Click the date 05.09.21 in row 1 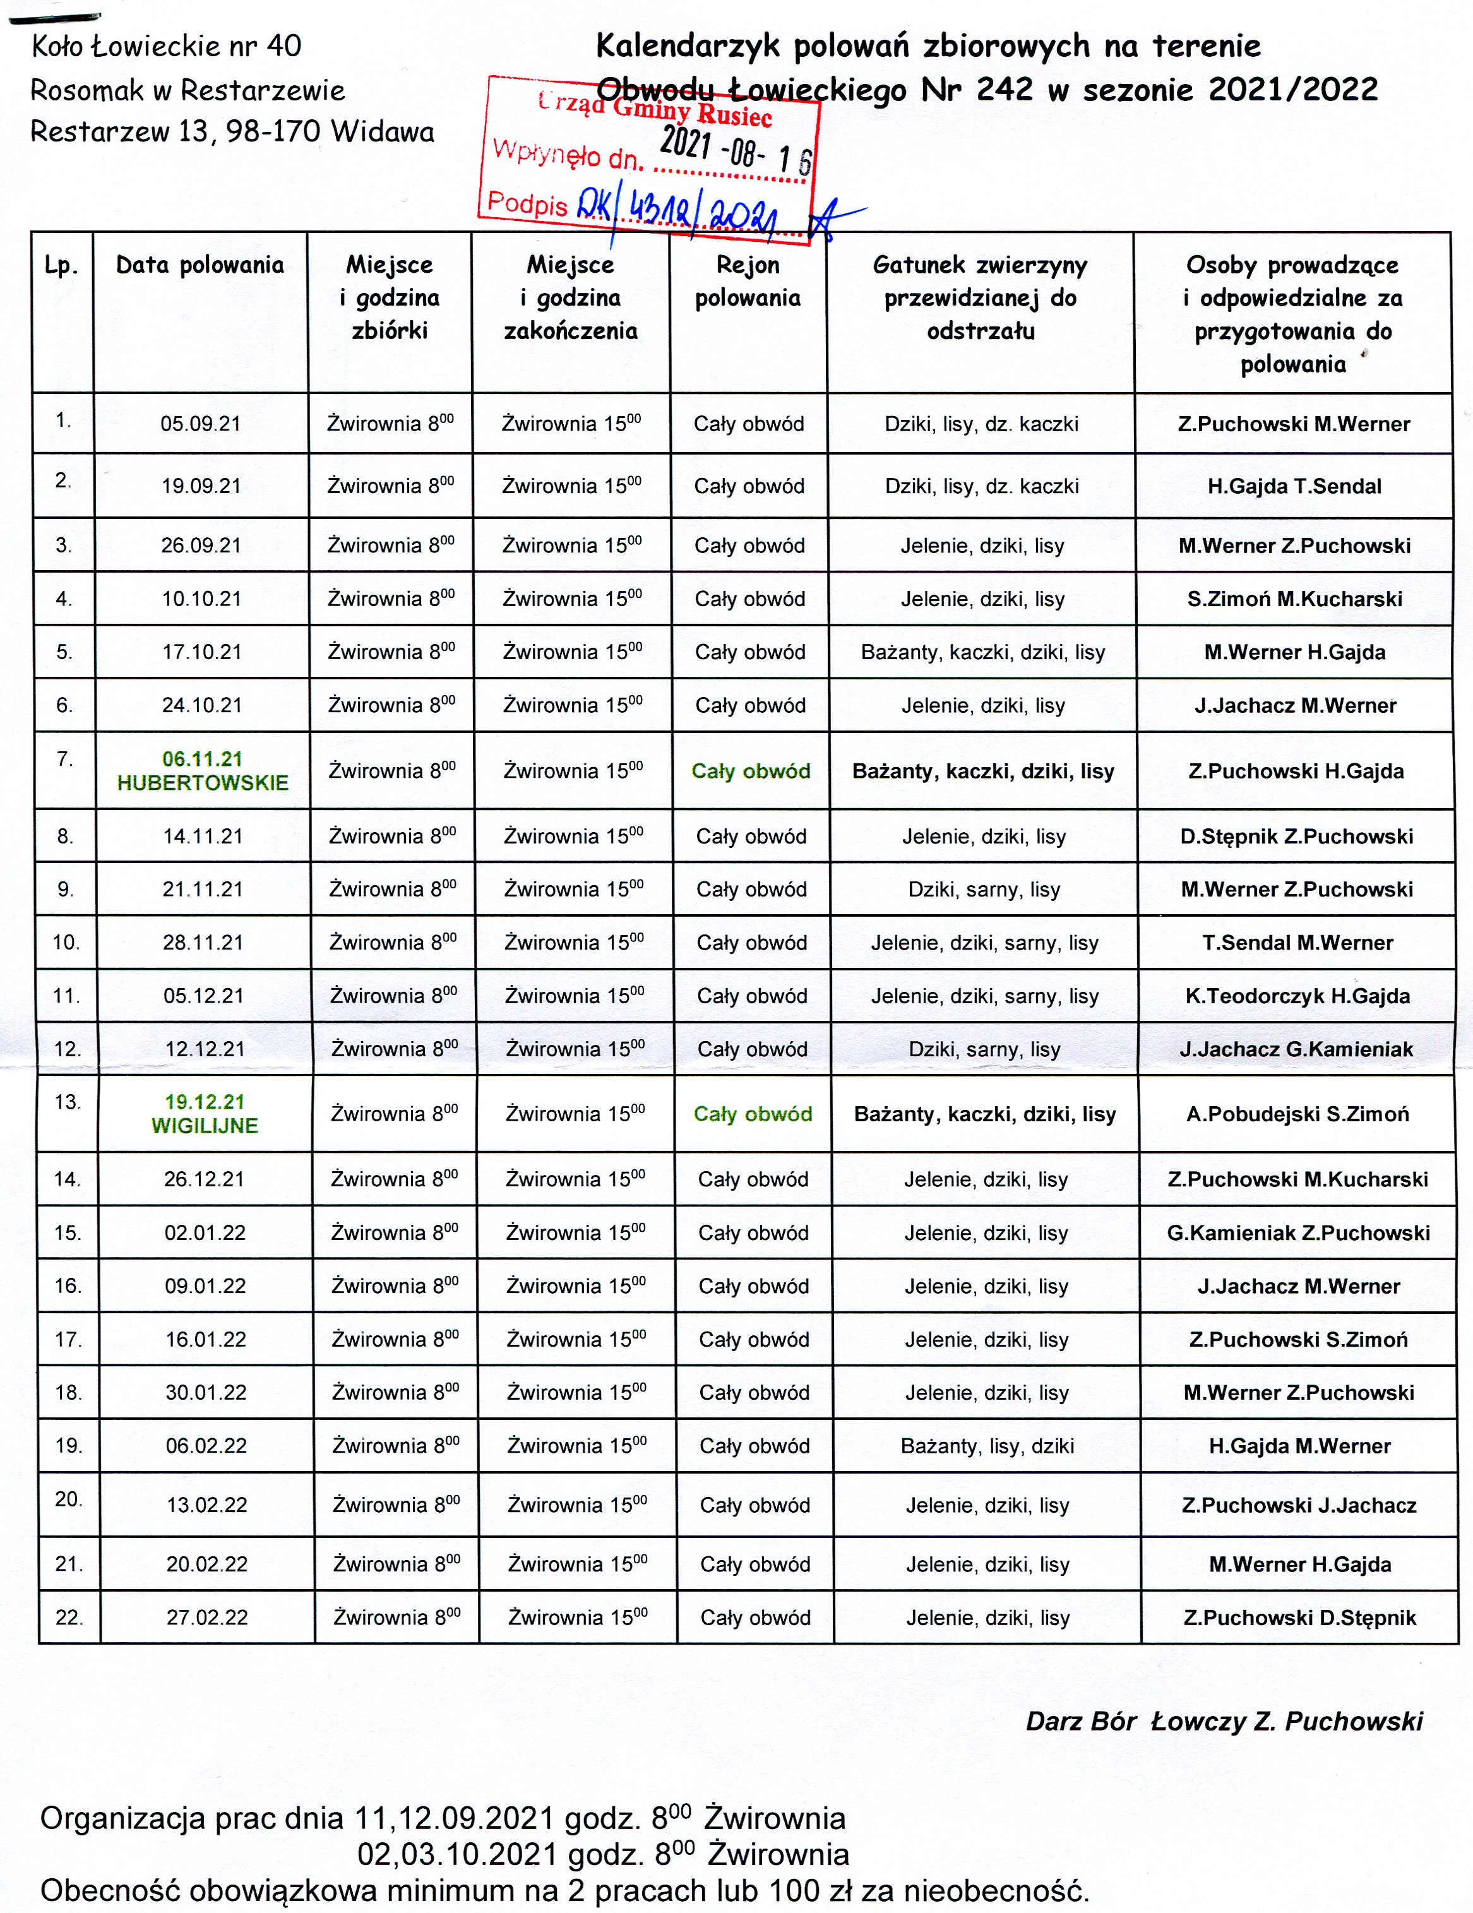pyautogui.click(x=201, y=424)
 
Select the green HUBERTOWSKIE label pyautogui.click(x=202, y=783)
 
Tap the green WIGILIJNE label pyautogui.click(x=205, y=1126)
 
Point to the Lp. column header pyautogui.click(x=61, y=265)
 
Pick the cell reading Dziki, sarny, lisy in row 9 pyautogui.click(x=984, y=890)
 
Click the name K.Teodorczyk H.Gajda pyautogui.click(x=1297, y=996)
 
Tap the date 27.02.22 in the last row pyautogui.click(x=208, y=1618)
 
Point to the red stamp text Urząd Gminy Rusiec pyautogui.click(x=655, y=109)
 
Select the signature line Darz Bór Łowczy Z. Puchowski pyautogui.click(x=1224, y=1721)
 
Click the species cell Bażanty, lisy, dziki pyautogui.click(x=987, y=1446)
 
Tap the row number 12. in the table pyautogui.click(x=68, y=1049)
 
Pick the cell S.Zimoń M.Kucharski pyautogui.click(x=1294, y=599)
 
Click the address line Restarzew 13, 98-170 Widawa pyautogui.click(x=232, y=132)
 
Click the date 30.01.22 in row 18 pyautogui.click(x=206, y=1393)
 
